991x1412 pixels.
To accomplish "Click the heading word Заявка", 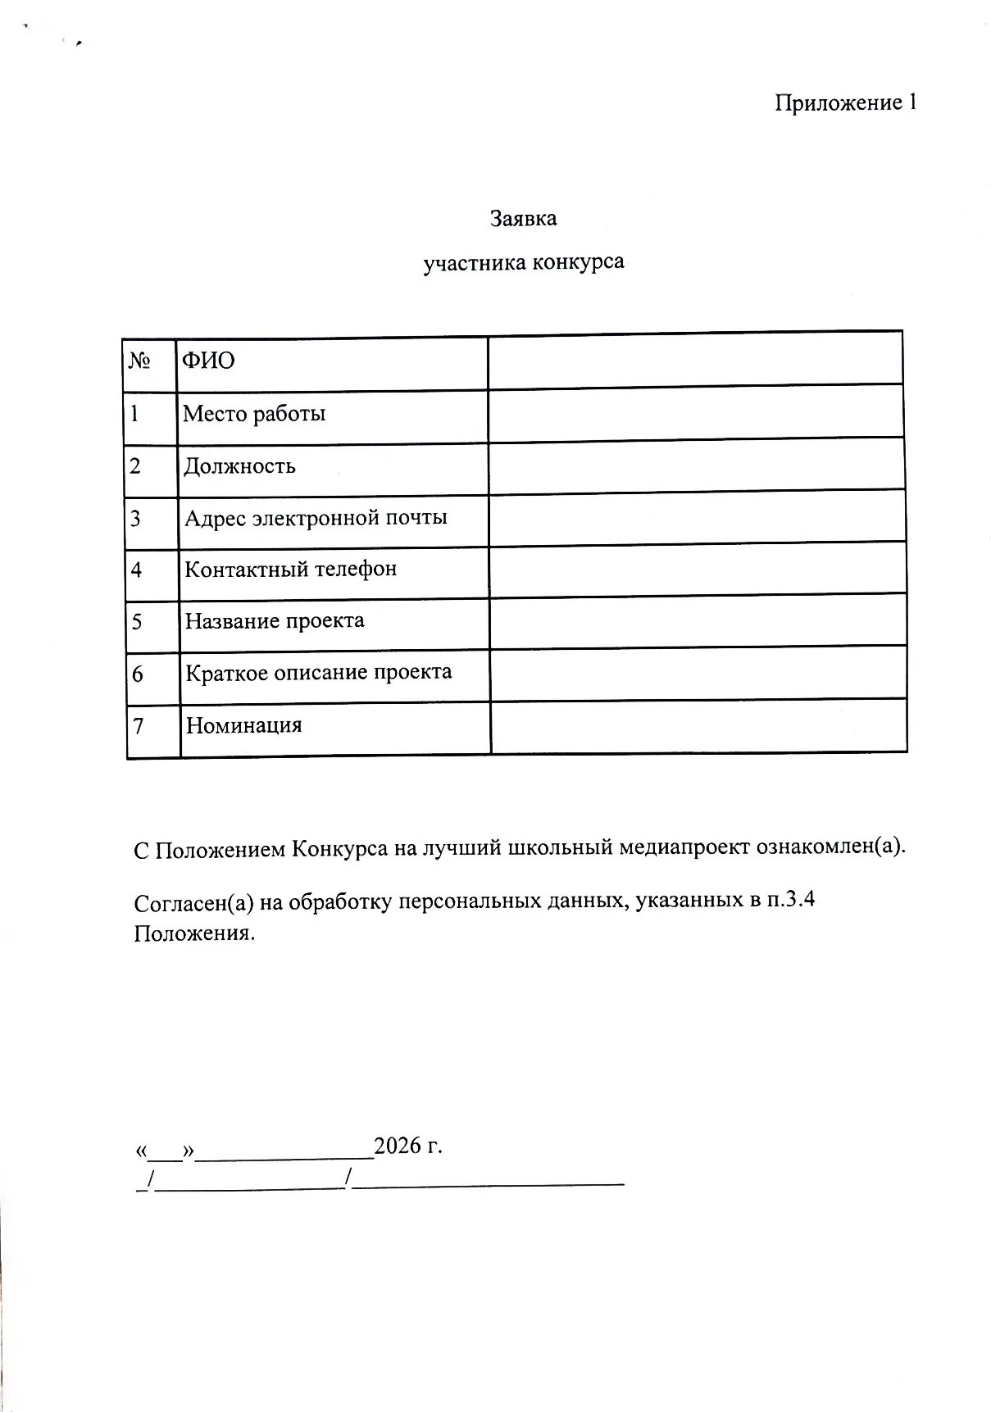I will tap(523, 219).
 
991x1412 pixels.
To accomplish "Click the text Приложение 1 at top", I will tap(845, 103).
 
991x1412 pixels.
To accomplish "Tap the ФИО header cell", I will tap(208, 361).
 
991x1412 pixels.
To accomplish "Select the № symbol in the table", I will tap(139, 361).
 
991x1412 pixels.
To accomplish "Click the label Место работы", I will tap(254, 413).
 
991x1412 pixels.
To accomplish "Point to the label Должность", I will tap(239, 466).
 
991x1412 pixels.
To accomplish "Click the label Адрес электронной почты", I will tap(316, 518).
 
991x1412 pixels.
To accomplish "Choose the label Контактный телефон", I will tap(291, 569).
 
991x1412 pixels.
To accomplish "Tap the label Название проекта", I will tap(275, 620).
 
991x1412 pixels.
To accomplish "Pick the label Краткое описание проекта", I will tap(318, 673).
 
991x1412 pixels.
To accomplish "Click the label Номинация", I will tap(243, 725).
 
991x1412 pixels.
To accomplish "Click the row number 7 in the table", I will tap(139, 726).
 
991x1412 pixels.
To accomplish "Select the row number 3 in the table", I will tap(136, 519).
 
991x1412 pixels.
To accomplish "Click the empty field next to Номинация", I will tap(698, 725).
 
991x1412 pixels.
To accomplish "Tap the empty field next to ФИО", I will tap(695, 361).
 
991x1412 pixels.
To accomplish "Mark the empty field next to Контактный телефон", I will tap(698, 569).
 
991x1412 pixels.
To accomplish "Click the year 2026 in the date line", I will tap(398, 1145).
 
